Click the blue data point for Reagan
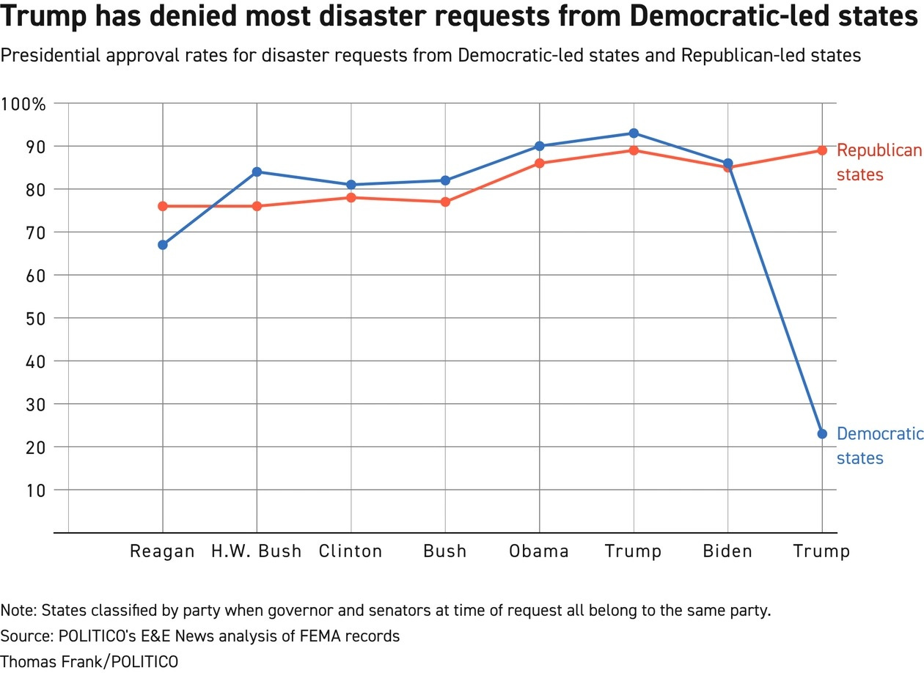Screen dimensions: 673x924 pos(163,245)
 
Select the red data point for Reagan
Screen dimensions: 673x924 pos(163,206)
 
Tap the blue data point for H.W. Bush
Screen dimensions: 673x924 pos(257,172)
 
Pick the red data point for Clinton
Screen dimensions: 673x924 pos(351,197)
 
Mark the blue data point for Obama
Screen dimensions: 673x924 pos(540,146)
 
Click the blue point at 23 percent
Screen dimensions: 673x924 pos(822,434)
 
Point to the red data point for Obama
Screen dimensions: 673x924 pos(540,163)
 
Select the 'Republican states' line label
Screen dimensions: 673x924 pos(879,162)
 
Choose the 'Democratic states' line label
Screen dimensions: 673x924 pos(879,446)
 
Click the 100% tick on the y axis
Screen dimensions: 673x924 pos(24,103)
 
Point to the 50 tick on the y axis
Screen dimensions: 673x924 pos(34,318)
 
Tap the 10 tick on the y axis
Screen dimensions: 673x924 pos(34,490)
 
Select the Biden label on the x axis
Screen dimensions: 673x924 pos(727,551)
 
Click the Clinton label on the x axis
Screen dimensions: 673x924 pos(351,551)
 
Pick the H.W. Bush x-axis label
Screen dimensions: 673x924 pos(257,551)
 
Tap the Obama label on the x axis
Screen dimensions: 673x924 pos(539,551)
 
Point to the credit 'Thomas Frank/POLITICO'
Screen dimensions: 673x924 pos(89,661)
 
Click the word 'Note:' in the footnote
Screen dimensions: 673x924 pos(18,611)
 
